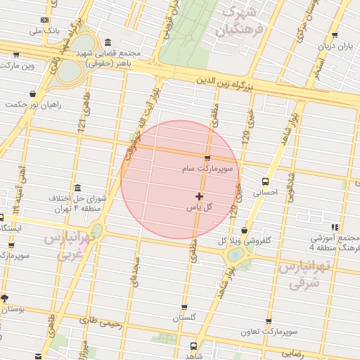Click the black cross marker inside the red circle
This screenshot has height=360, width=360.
200,196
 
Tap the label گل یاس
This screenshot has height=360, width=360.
199,208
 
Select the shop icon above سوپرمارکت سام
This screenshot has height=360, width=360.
207,157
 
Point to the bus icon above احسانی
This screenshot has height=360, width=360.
265,179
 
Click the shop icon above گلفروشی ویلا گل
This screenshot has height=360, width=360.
244,229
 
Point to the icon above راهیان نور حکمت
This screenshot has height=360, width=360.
33,94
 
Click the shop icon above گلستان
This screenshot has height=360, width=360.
184,307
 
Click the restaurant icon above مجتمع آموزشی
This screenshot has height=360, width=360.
335,226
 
